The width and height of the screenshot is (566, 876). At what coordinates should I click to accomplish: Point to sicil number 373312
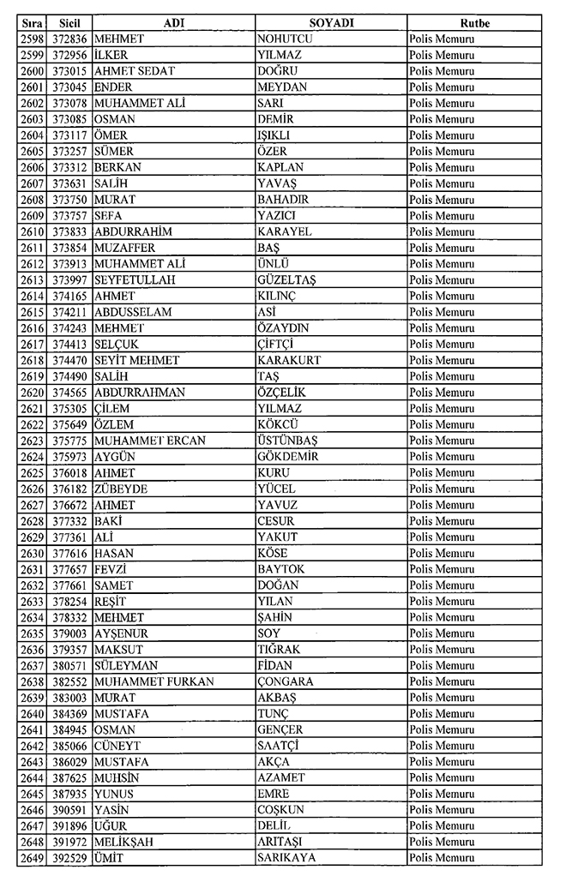pos(69,167)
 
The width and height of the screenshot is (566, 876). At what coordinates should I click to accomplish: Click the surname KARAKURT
pos(289,360)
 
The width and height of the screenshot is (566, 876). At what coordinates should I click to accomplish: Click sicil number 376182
pos(69,489)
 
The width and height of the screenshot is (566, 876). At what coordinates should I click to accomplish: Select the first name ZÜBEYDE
pos(122,489)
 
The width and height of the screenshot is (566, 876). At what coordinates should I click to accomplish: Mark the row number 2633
pos(33,601)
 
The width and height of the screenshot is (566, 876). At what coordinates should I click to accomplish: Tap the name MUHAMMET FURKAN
pos(154,681)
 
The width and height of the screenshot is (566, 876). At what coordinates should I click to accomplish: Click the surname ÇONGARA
pos(285,681)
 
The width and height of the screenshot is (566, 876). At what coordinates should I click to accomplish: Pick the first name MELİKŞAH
pos(124,842)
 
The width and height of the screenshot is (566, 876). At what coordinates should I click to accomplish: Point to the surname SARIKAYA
pos(286,858)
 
